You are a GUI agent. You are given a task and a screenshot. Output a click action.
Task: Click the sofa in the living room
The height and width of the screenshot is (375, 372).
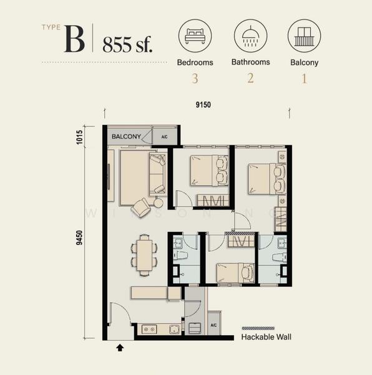pos(157,174)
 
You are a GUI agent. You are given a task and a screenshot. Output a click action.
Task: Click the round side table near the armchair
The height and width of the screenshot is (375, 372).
pos(159,202)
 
